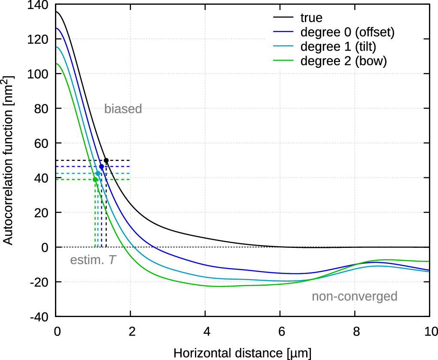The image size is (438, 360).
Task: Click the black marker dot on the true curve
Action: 106,160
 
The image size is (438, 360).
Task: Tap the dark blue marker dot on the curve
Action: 101,166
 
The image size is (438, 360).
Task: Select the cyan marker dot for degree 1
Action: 98,174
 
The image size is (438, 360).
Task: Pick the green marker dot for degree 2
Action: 95,180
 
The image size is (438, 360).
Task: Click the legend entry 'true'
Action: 311,18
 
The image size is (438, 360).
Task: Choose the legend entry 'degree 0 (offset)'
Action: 347,32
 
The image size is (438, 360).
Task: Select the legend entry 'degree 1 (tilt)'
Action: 338,46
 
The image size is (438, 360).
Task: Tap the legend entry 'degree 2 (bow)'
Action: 344,61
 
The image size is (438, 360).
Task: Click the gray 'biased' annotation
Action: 123,109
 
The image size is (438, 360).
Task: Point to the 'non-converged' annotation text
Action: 354,296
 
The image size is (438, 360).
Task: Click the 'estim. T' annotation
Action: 93,260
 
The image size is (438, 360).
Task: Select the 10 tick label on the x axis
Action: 429,331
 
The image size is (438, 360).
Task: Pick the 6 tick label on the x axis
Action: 280,331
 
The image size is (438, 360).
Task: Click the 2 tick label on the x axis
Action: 131,331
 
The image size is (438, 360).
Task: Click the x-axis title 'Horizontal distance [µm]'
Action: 242,352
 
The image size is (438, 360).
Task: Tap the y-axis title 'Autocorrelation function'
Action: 9,161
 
